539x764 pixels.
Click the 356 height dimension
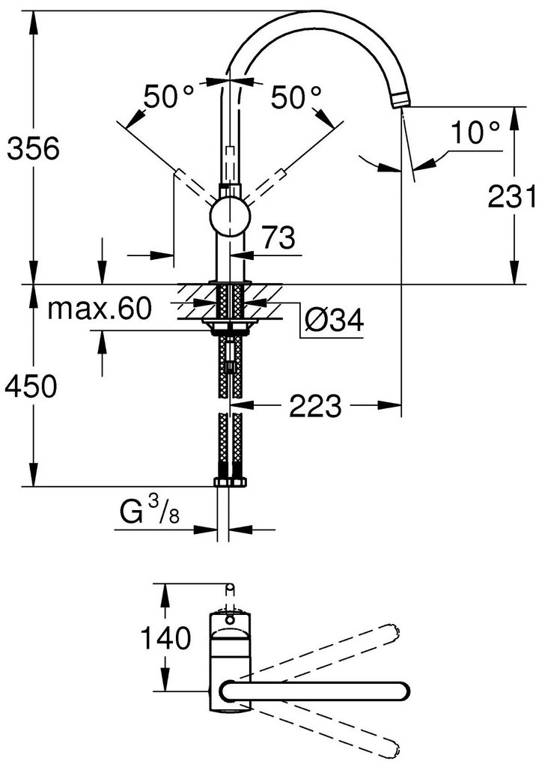click(x=31, y=149)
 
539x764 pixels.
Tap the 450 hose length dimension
click(x=31, y=386)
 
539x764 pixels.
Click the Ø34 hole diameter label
click(x=335, y=321)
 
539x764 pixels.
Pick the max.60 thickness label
click(x=100, y=307)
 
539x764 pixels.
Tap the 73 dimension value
click(x=276, y=239)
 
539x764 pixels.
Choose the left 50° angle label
click(x=168, y=97)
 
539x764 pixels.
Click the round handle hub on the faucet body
click(x=229, y=216)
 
